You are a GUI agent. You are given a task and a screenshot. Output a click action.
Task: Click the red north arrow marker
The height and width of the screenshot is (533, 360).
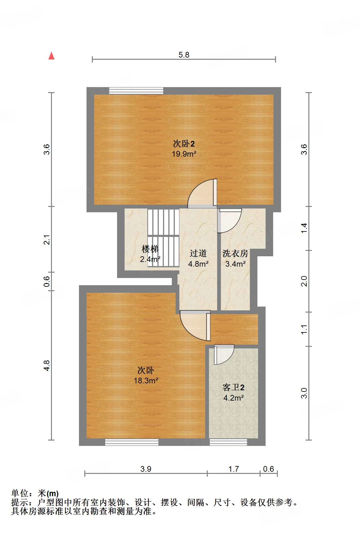click(x=52, y=56)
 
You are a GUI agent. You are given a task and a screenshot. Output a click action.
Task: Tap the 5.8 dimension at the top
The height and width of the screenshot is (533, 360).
click(x=184, y=55)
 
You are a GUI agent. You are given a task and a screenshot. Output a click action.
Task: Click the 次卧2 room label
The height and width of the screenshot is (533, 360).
click(x=184, y=144)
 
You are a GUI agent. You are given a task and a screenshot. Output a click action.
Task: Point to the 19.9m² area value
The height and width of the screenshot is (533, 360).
click(x=184, y=154)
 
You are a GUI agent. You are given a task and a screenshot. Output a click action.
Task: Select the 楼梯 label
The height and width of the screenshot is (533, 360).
click(x=150, y=249)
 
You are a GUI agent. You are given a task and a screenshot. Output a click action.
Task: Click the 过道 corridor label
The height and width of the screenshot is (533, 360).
click(x=198, y=253)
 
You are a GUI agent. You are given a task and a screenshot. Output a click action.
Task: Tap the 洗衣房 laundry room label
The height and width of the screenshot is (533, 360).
click(x=235, y=253)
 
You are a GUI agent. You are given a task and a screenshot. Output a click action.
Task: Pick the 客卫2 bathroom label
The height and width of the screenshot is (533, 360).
click(x=233, y=387)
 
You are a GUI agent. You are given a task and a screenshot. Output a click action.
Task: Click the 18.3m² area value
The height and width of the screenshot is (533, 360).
click(x=146, y=380)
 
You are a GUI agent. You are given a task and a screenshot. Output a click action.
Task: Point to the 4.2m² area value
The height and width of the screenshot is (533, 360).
click(x=233, y=398)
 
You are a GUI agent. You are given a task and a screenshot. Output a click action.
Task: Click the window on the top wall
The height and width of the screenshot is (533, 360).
click(x=136, y=91)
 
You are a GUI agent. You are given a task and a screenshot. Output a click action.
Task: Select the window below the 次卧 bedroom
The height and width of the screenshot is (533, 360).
click(x=132, y=442)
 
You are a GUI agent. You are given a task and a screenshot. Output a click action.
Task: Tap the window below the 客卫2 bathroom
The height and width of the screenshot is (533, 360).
click(x=228, y=442)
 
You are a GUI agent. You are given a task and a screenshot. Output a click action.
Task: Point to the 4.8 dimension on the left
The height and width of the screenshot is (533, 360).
click(x=47, y=365)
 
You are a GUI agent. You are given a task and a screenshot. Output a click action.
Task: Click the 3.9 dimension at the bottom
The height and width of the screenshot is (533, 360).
click(x=146, y=469)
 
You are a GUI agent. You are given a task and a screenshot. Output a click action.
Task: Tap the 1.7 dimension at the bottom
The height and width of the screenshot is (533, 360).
click(x=233, y=469)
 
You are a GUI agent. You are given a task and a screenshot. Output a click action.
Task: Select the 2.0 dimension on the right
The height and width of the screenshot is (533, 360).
click(x=304, y=281)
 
